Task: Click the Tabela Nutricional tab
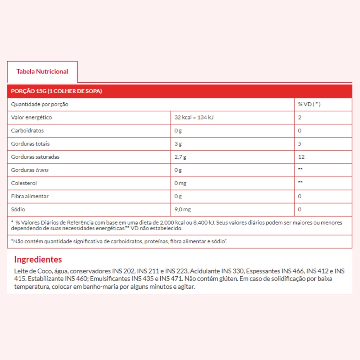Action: pos(42,71)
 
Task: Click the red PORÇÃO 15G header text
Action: pos(57,91)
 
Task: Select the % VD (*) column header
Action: pos(309,104)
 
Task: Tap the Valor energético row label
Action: pos(31,117)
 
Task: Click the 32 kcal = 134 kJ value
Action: pos(194,117)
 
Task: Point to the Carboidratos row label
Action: pos(27,130)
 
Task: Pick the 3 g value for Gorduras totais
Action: pos(178,144)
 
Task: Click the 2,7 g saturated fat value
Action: pos(180,157)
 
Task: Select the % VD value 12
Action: pos(301,157)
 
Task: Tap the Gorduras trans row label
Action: pos(30,170)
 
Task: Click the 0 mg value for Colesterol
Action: pos(180,183)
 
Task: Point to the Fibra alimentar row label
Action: pos(30,196)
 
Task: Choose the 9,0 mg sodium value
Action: pos(182,210)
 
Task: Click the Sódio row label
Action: pos(18,210)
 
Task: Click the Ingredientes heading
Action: pos(38,259)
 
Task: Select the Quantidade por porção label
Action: pos(40,104)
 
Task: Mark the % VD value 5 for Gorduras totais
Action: pos(300,144)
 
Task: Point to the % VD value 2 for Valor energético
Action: pos(300,117)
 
